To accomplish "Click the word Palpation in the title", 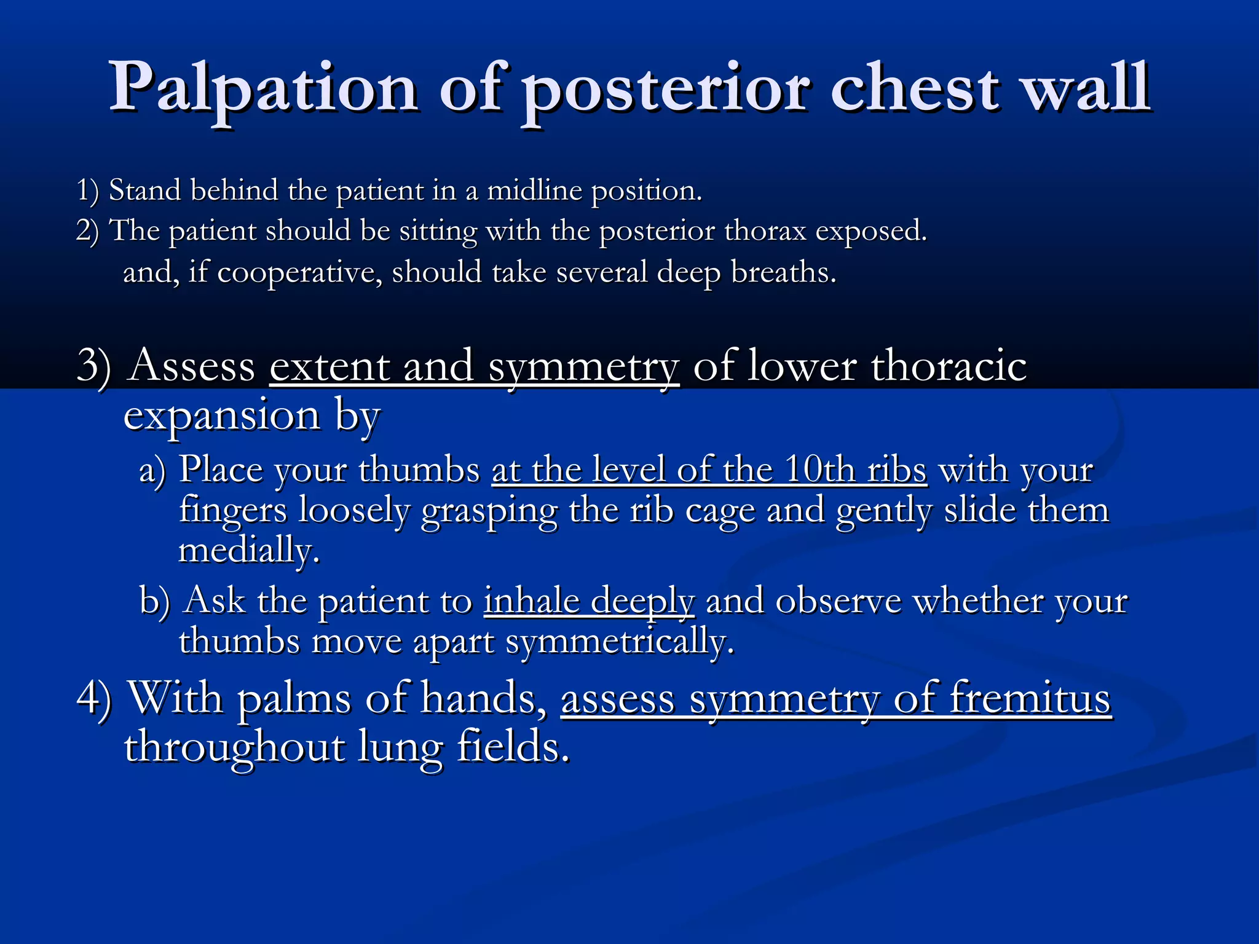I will point(264,87).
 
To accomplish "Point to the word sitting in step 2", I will point(438,232).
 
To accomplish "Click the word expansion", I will point(222,417).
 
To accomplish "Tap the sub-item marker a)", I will point(152,471).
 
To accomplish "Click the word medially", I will point(248,550).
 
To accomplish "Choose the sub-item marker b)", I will point(154,600).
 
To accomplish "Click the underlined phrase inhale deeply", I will point(588,601).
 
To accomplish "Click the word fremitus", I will point(1030,699).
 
